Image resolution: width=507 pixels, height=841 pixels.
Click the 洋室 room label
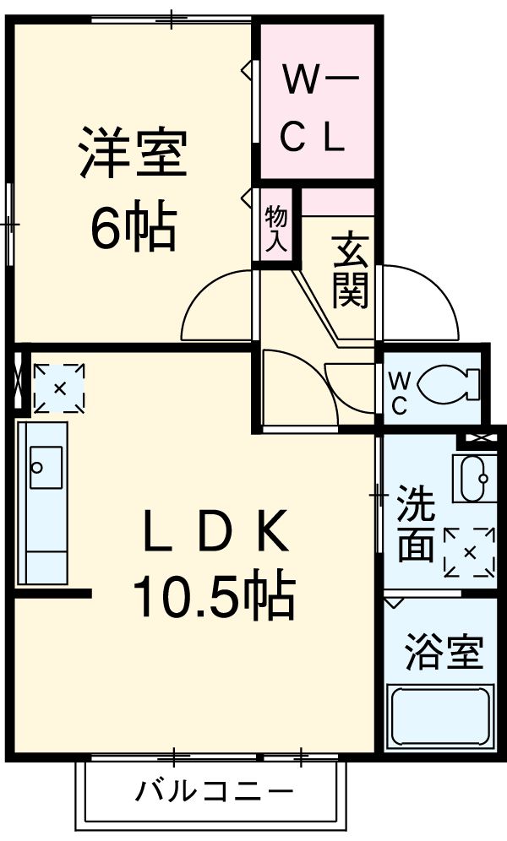tap(133, 153)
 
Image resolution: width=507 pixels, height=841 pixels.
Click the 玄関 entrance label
tap(349, 270)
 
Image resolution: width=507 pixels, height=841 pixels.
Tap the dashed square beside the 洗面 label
tap(469, 552)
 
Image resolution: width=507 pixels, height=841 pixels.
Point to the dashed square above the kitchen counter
tap(59, 389)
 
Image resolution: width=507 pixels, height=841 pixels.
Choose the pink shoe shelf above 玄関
tap(338, 202)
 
